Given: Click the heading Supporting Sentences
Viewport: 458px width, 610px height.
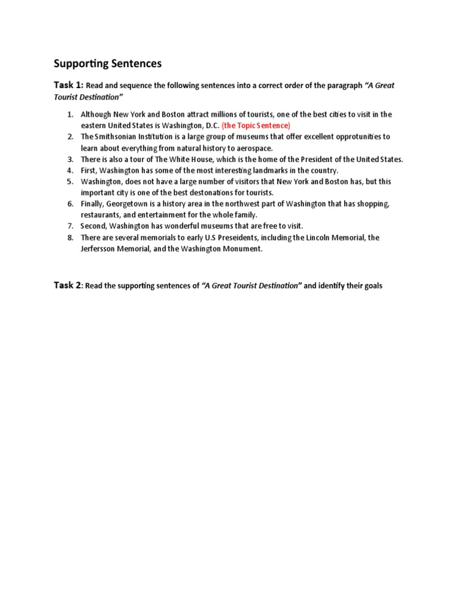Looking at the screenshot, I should click(x=107, y=63).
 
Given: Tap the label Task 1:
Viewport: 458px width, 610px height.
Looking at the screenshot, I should click(x=69, y=85).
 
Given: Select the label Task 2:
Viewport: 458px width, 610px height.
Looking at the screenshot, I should click(x=68, y=286).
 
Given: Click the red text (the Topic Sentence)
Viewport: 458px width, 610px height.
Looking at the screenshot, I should click(x=256, y=125).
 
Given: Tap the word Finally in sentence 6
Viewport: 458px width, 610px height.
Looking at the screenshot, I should click(x=92, y=204).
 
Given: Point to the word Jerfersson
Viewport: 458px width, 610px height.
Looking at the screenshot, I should click(x=102, y=249).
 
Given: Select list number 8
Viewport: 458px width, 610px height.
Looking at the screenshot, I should click(x=70, y=238).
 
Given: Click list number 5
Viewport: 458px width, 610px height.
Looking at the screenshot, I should click(x=70, y=182).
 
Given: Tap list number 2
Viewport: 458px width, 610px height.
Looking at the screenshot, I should click(x=70, y=136).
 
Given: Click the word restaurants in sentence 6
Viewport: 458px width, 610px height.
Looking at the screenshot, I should click(x=101, y=215).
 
